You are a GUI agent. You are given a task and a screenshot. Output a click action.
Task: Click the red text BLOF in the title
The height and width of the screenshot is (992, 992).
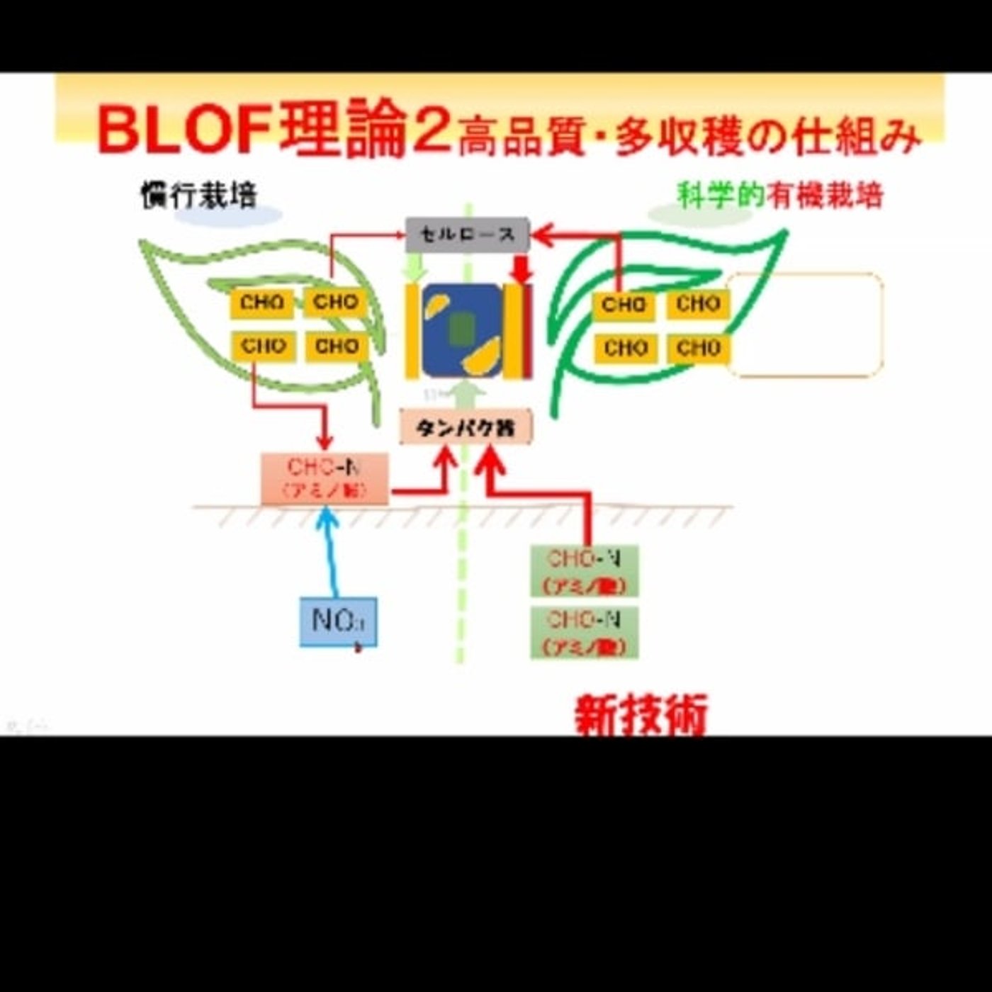[x=184, y=130]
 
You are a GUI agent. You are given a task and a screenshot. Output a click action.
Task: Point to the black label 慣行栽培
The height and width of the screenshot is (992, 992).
[x=198, y=195]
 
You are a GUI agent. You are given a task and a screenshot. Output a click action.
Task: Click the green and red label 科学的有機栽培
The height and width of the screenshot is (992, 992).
[x=779, y=195]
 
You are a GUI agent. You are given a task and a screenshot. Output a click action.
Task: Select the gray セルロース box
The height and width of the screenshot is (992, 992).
[x=467, y=235]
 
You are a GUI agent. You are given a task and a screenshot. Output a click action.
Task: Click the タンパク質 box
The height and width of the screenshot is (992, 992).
[x=466, y=427]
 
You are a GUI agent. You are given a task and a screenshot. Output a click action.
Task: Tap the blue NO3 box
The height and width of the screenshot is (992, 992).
[x=338, y=621]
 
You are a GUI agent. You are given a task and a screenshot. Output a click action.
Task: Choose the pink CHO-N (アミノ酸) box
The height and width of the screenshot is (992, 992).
[x=325, y=478]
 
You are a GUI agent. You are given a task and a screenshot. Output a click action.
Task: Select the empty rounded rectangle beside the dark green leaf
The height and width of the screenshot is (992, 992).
[x=805, y=325]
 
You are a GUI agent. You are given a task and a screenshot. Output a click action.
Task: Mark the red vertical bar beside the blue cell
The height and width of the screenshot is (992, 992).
[x=527, y=331]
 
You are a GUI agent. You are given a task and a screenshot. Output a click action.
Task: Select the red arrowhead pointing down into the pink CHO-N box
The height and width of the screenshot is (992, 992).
[x=325, y=441]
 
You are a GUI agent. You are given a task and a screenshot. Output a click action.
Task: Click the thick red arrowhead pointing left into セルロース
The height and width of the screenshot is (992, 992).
[x=543, y=235]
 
